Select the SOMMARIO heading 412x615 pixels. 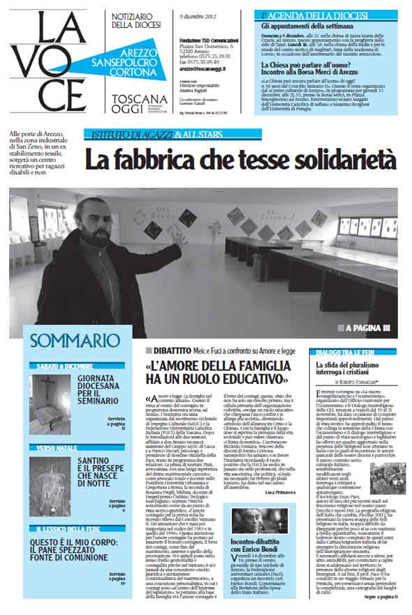[75, 341]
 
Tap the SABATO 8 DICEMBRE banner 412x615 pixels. [67, 365]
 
